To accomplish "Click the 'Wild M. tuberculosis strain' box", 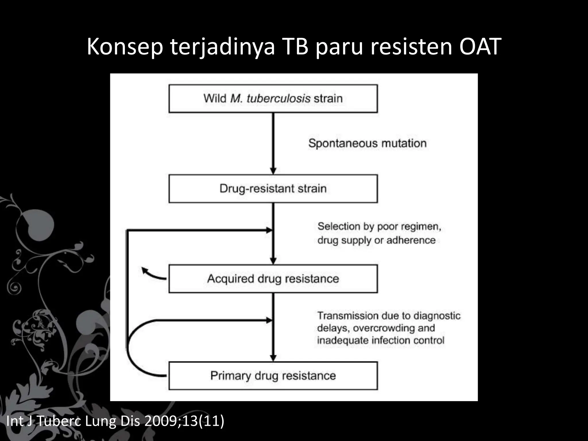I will [x=273, y=98].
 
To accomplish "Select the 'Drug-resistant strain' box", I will [x=273, y=189].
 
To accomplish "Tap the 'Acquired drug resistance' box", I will [x=273, y=279].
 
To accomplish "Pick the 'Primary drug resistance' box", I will [x=273, y=376].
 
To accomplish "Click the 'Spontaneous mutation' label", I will [x=367, y=143].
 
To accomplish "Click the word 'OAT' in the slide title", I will [x=480, y=47].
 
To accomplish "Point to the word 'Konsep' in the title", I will [x=125, y=47].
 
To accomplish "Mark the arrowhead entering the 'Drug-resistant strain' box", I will [x=273, y=171].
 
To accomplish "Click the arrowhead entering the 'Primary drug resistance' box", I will [x=273, y=358].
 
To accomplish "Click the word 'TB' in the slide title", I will [x=296, y=47].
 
